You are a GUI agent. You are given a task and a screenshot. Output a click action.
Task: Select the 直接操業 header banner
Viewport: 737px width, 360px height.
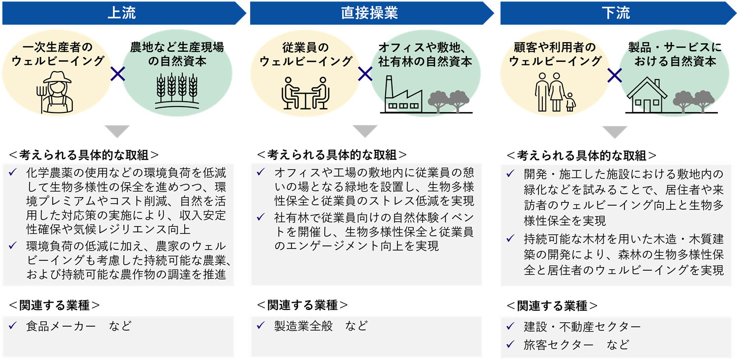tap(369, 13)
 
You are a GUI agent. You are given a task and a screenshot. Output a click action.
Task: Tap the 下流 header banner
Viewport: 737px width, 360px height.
tap(615, 13)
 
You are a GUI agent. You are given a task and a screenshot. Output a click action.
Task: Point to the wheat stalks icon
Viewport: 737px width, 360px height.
tap(177, 91)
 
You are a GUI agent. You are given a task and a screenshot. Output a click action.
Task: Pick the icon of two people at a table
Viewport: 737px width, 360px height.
tap(305, 93)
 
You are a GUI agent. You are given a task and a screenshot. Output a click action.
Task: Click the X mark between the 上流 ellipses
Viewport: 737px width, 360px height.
tap(117, 75)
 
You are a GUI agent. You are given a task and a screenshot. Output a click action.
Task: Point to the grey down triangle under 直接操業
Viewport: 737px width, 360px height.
tap(365, 131)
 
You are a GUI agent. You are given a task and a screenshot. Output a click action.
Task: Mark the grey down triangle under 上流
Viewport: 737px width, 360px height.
tap(117, 131)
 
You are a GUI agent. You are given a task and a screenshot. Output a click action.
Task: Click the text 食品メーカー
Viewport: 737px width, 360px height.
tap(61, 326)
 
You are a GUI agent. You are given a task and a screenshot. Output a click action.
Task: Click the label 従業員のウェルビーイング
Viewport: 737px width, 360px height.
tap(306, 55)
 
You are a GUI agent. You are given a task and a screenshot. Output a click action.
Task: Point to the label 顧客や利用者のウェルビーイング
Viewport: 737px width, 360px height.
tap(555, 55)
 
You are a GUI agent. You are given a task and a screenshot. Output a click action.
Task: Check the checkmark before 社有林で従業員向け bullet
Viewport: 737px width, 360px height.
tap(260, 217)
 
